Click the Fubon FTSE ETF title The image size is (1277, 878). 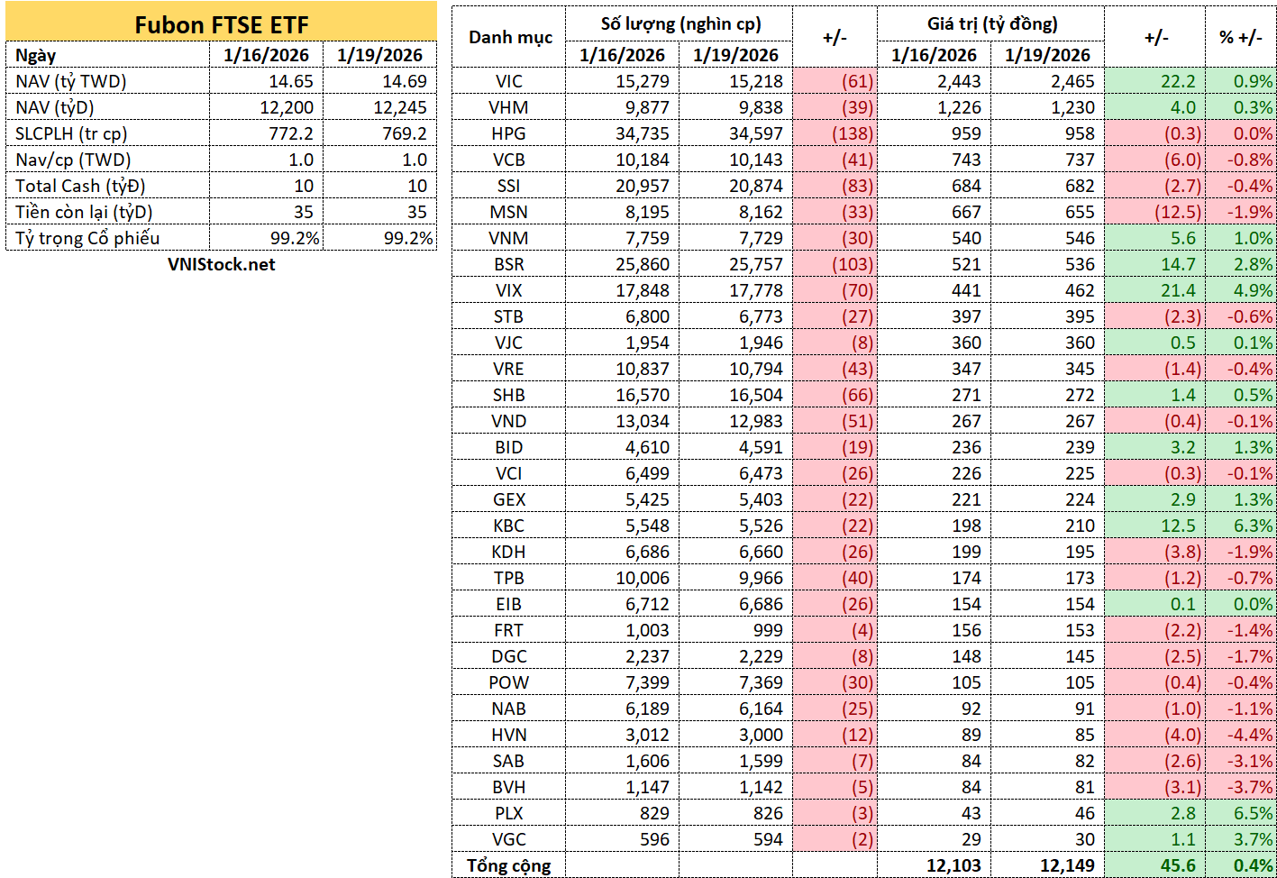pyautogui.click(x=221, y=25)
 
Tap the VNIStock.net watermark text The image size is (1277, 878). pyautogui.click(x=221, y=264)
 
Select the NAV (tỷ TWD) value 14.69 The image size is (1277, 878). pyautogui.click(x=405, y=81)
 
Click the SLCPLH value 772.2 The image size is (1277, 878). pyautogui.click(x=291, y=133)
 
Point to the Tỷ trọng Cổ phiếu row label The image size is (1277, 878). pyautogui.click(x=87, y=238)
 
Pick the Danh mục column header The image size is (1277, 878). pyautogui.click(x=510, y=38)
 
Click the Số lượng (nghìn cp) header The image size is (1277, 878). pyautogui.click(x=680, y=24)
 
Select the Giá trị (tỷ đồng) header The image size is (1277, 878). pyautogui.click(x=992, y=24)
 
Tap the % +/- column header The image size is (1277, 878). pyautogui.click(x=1241, y=38)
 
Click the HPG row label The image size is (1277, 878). pyautogui.click(x=508, y=133)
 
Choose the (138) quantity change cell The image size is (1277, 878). pyautogui.click(x=853, y=133)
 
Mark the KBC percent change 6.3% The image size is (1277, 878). pyautogui.click(x=1253, y=526)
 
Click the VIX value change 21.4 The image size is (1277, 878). pyautogui.click(x=1178, y=291)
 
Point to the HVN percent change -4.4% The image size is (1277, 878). pyautogui.click(x=1250, y=735)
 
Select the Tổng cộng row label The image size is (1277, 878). pyautogui.click(x=509, y=866)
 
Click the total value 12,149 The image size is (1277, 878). pyautogui.click(x=1067, y=866)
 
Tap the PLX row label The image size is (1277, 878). pyautogui.click(x=508, y=814)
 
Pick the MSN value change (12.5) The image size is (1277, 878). pyautogui.click(x=1178, y=212)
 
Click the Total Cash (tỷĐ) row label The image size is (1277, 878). pyautogui.click(x=80, y=186)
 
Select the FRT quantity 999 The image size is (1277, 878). pyautogui.click(x=768, y=631)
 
